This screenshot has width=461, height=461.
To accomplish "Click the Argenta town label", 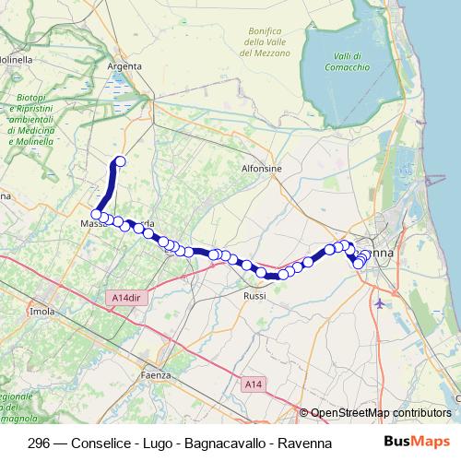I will pos(125,66).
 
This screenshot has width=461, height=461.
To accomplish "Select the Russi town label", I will pos(254,296).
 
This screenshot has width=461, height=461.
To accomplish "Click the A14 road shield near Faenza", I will pos(254,382).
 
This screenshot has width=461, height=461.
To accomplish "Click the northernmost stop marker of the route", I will pos(119,162).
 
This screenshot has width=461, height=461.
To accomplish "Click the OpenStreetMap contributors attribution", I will pos(381,413).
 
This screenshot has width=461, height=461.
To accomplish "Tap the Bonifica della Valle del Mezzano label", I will pos(266,42).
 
